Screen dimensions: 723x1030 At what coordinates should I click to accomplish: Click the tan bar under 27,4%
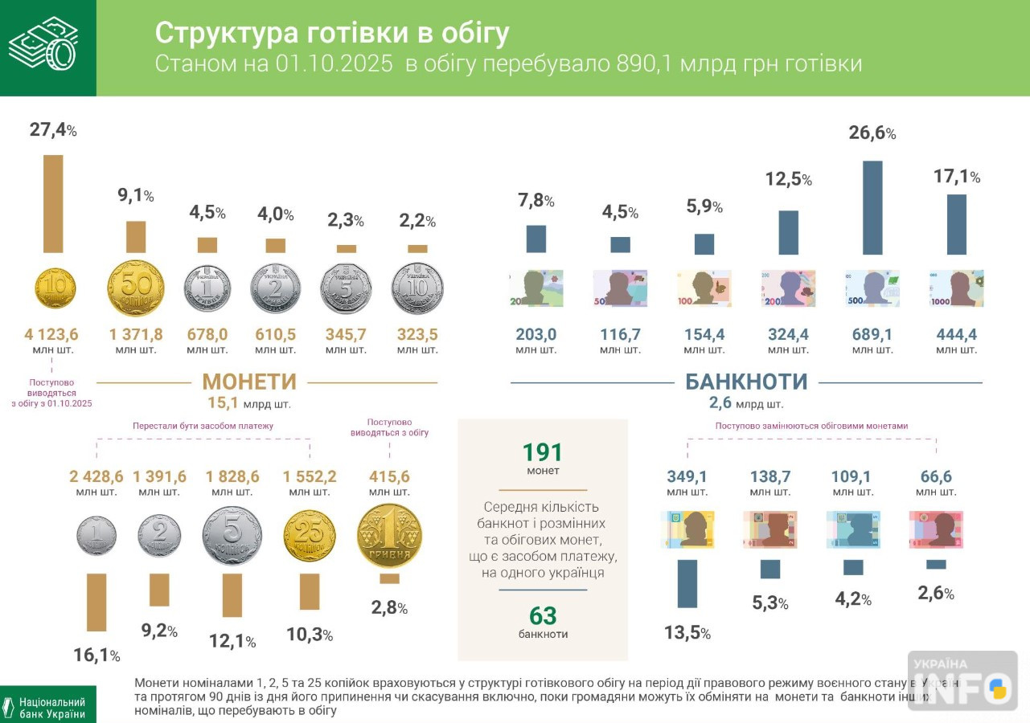pos(53,203)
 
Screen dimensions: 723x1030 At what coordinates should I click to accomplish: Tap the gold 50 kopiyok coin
pos(136,288)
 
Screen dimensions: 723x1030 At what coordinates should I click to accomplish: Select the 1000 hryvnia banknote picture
pos(956,288)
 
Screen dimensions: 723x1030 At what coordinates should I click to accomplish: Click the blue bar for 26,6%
pos(872,207)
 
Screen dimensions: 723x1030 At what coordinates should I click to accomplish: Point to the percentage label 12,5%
pos(788,180)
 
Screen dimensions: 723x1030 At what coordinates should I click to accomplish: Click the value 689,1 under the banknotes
pos(872,334)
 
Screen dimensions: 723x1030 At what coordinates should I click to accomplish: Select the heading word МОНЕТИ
pos(249,382)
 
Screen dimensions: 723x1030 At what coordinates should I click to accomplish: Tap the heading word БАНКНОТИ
pos(746,382)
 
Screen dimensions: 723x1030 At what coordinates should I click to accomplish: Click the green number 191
pos(543,452)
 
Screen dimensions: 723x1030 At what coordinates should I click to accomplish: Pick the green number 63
pos(543,615)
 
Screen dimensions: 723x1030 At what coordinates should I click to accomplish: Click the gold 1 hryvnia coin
pos(389,536)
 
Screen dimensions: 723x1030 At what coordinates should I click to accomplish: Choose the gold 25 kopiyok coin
pos(310,536)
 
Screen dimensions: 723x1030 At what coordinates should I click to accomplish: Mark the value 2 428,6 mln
pos(96,476)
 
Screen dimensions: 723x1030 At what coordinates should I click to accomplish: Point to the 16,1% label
pos(96,656)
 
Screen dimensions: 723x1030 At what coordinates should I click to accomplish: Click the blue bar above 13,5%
pos(687,583)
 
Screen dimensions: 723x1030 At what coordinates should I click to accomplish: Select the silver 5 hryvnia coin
pos(346,288)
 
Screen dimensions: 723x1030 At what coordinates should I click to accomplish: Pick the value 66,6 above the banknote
pos(936,476)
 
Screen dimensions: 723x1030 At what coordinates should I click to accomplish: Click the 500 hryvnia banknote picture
pos(872,288)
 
